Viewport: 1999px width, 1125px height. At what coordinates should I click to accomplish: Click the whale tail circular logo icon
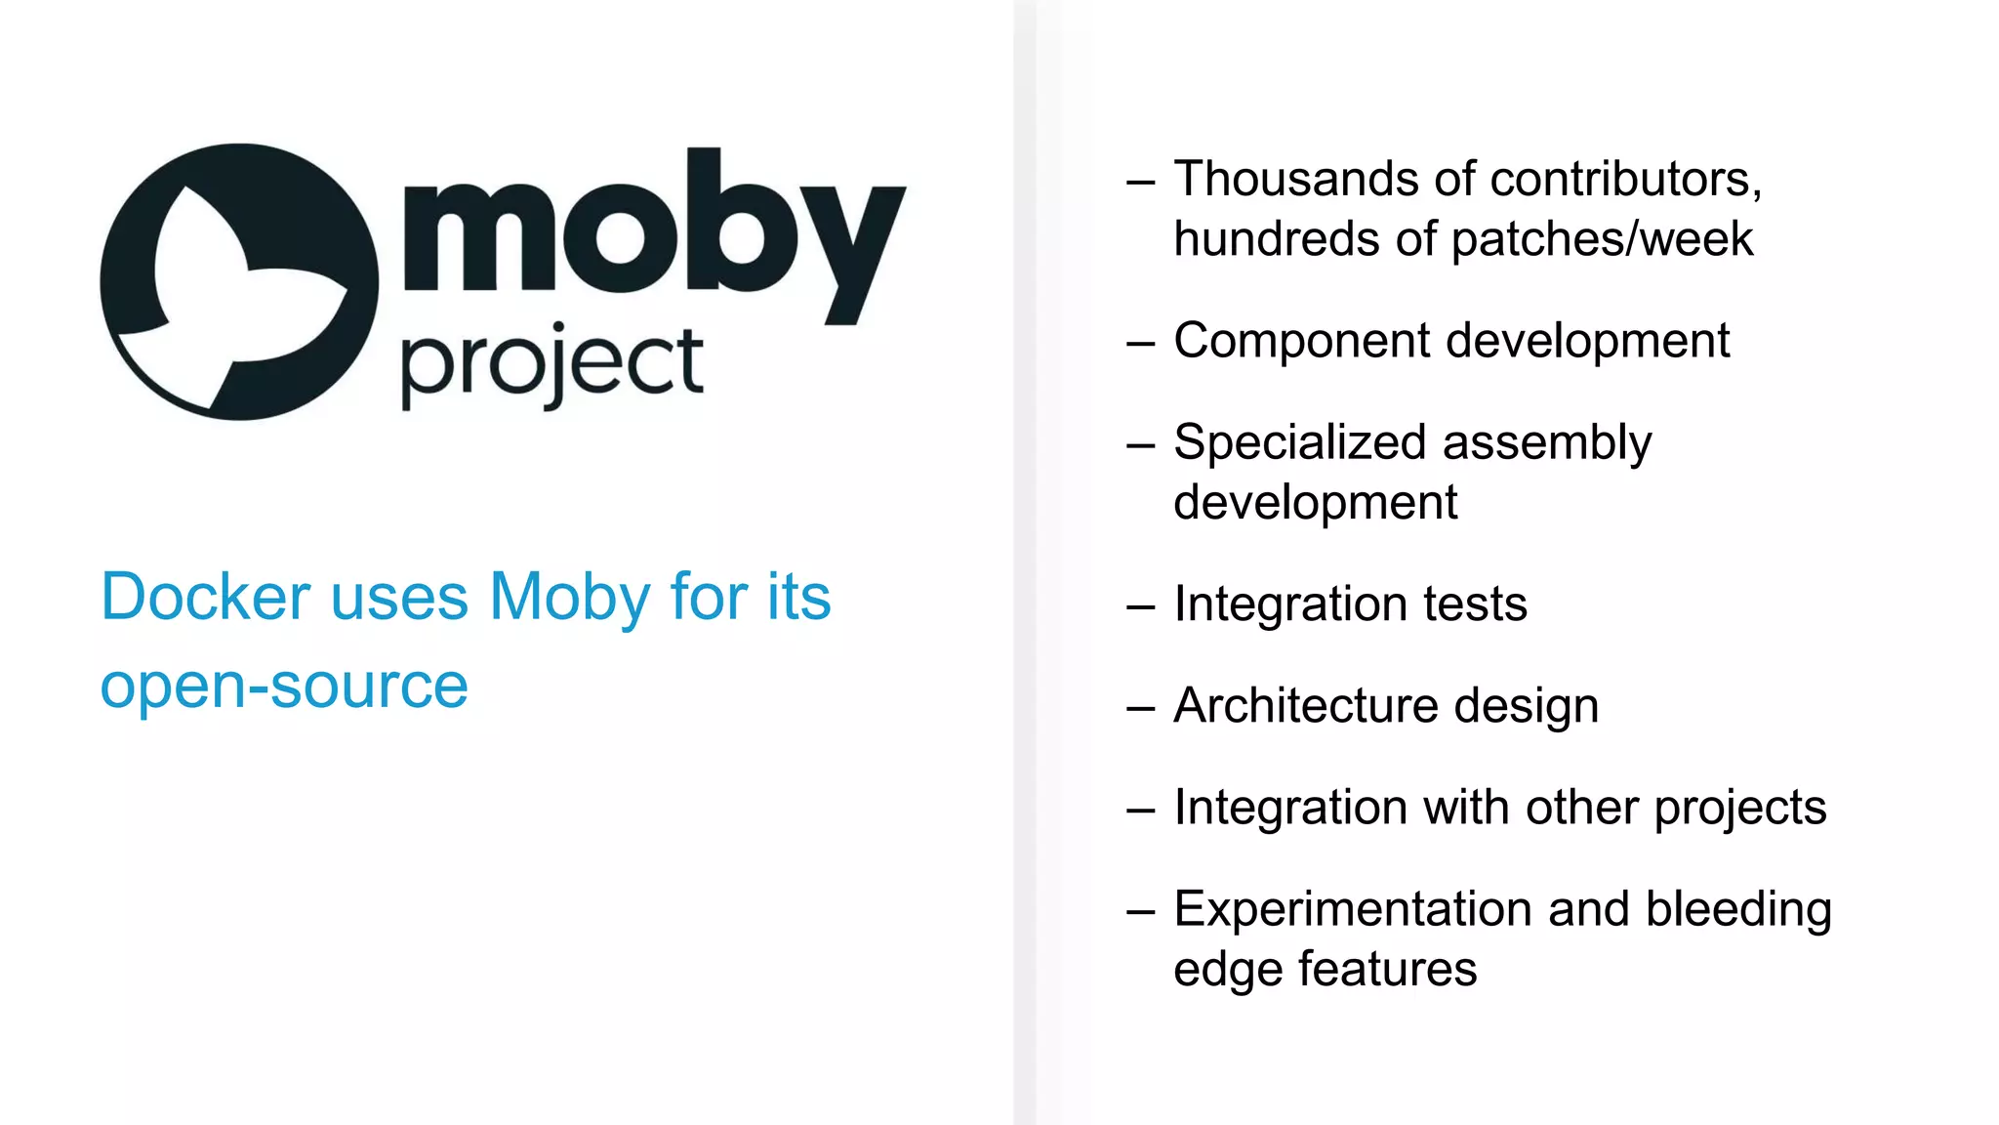239,282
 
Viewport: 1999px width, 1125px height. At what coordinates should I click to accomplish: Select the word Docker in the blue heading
206,597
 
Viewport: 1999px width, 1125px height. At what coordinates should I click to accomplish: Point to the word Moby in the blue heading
569,597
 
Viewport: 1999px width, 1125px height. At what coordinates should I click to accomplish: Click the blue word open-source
284,686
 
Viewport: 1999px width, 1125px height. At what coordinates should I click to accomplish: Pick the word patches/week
1602,240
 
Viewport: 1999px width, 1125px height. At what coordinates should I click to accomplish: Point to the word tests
1475,604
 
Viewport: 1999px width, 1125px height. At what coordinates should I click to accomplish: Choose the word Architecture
1305,706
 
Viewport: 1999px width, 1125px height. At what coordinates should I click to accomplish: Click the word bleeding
1738,910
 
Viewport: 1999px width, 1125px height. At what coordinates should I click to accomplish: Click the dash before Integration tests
1140,606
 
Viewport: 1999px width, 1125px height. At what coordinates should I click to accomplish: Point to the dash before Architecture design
1140,708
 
